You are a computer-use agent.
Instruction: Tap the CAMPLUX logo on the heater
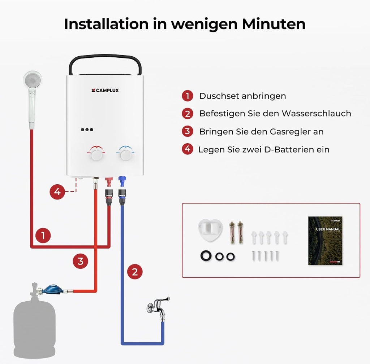105,91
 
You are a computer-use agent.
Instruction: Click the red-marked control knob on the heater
96,155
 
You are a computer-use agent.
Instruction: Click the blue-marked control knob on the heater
126,155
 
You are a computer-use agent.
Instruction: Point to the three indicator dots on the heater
87,130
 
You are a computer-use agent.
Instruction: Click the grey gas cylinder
34,326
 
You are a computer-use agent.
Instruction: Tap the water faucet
158,307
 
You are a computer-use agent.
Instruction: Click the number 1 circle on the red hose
43,236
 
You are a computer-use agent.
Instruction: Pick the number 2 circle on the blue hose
135,271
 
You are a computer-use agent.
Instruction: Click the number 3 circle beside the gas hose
80,261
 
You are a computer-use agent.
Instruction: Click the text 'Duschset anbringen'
242,96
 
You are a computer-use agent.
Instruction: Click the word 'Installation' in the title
106,24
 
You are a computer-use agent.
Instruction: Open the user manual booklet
325,241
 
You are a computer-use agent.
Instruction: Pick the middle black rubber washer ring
219,256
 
